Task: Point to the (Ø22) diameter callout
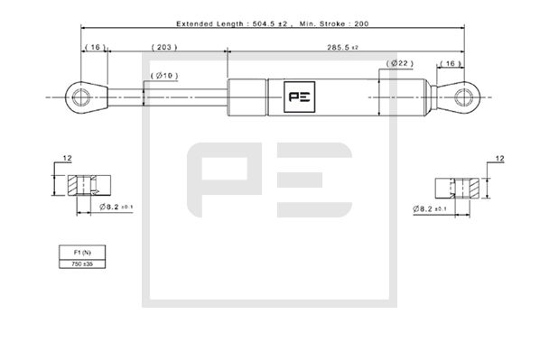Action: (399, 63)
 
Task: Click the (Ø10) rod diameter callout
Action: (165, 76)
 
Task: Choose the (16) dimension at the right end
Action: (450, 63)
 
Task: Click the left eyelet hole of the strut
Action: (79, 94)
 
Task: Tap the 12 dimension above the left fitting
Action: (66, 160)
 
